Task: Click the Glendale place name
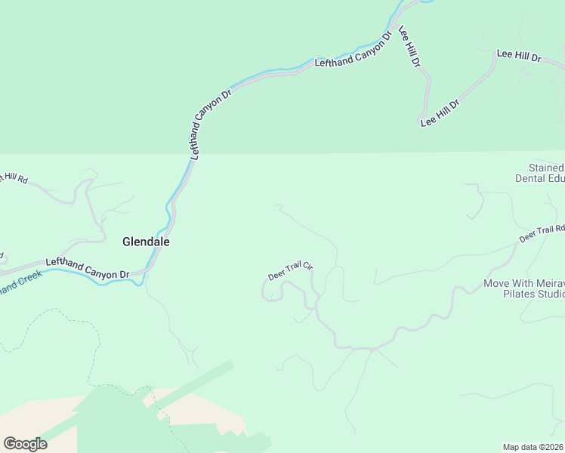tap(146, 242)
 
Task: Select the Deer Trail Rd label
tap(542, 233)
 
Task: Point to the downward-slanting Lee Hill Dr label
tap(409, 48)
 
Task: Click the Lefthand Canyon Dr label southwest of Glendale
tap(88, 268)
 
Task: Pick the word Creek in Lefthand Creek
tap(28, 279)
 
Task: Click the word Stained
tap(546, 168)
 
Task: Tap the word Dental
tap(530, 179)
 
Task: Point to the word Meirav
tap(548, 284)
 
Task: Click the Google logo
tap(25, 443)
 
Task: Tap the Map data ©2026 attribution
tap(533, 446)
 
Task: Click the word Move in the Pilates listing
tap(497, 284)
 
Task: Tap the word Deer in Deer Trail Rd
tap(526, 238)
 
